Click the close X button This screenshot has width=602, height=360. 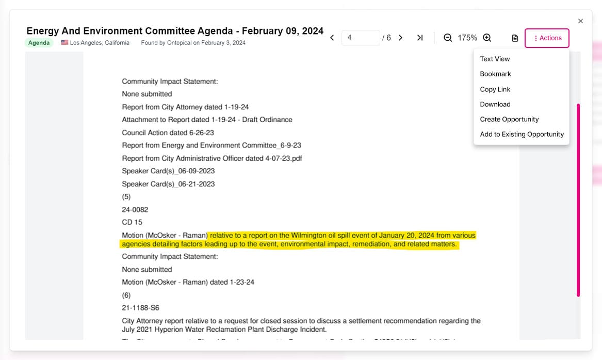point(580,21)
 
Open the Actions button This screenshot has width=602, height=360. point(547,38)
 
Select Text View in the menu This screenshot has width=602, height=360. point(495,59)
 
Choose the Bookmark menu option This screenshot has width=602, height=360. point(495,74)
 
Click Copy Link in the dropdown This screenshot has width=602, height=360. point(495,89)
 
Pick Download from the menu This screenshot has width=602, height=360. point(495,104)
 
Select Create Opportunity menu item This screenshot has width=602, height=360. point(509,119)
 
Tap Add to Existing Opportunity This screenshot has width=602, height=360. point(522,134)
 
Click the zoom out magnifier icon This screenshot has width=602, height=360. point(448,38)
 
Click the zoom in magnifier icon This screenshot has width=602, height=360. point(487,38)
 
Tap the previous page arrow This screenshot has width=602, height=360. point(332,38)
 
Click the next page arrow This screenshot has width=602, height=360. point(400,38)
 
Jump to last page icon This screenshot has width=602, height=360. point(420,38)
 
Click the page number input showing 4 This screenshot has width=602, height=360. point(360,38)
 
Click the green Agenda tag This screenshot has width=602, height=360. point(39,43)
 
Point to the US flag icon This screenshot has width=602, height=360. point(64,42)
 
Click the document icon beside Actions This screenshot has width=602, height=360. point(515,38)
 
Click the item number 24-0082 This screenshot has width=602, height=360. point(135,209)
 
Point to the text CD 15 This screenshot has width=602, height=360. point(132,222)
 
